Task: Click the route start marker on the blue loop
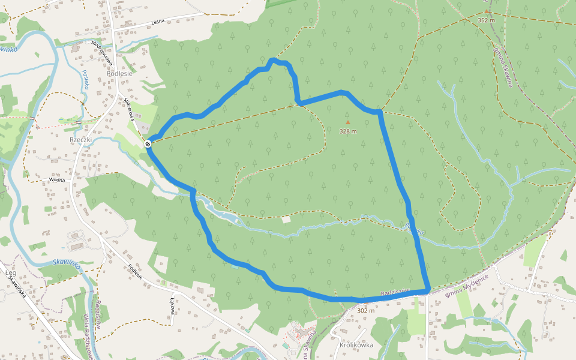click(x=148, y=143)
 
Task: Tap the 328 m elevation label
click(x=348, y=131)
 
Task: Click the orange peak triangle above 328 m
click(x=347, y=122)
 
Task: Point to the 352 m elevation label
click(x=486, y=20)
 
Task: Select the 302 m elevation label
click(x=365, y=310)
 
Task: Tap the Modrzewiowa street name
click(x=102, y=52)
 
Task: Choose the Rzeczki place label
click(x=80, y=140)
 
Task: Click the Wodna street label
click(x=57, y=179)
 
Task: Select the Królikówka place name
click(x=356, y=345)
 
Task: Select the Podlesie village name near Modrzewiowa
click(x=119, y=73)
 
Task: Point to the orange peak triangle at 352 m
click(x=487, y=11)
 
